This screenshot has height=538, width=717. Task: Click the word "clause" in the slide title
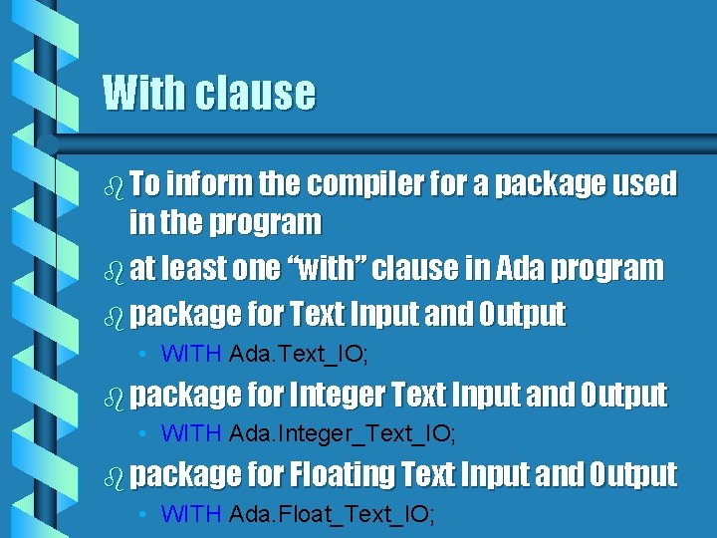coord(255,93)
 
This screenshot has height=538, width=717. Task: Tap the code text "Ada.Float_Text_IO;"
coord(333,514)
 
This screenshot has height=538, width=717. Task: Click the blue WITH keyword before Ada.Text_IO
coord(191,353)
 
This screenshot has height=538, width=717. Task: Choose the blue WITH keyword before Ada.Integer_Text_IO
coord(191,433)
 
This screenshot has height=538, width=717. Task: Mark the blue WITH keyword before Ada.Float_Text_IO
coord(191,514)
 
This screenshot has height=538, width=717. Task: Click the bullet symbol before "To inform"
coord(113,185)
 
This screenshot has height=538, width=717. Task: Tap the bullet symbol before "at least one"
coord(113,269)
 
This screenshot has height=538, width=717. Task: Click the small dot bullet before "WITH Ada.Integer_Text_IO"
coord(144,433)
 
